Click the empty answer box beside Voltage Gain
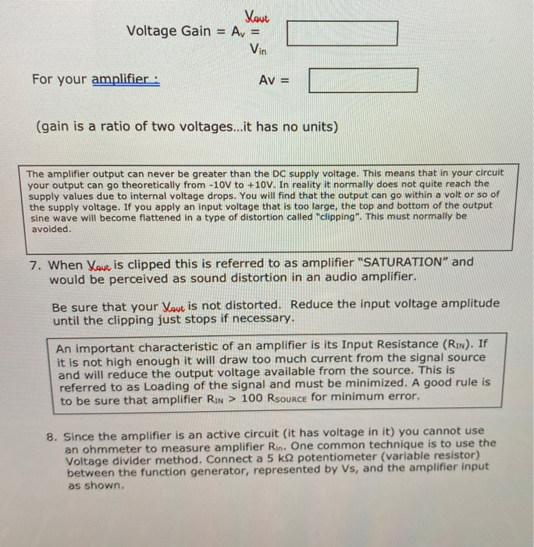[343, 33]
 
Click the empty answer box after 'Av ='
[363, 80]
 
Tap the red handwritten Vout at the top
[256, 14]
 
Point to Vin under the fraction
[258, 49]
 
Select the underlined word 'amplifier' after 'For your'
[124, 80]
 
